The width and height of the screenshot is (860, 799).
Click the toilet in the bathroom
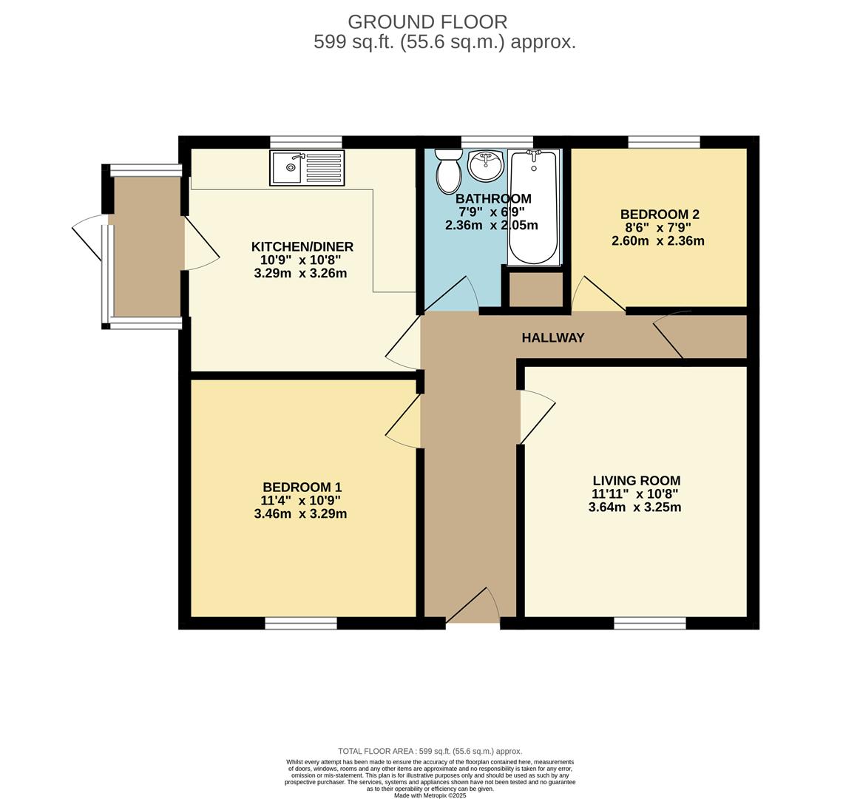[x=448, y=171]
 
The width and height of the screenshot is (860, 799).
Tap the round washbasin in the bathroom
[x=485, y=165]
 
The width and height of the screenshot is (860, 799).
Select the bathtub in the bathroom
[x=534, y=207]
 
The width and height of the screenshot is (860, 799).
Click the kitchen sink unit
[x=307, y=167]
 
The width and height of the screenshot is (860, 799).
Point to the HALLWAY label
[x=553, y=337]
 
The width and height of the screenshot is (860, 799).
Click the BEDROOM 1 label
[x=302, y=487]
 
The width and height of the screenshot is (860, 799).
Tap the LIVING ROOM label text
[x=636, y=481]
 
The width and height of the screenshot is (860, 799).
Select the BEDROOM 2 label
[x=660, y=214]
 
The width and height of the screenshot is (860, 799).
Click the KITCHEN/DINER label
[x=302, y=246]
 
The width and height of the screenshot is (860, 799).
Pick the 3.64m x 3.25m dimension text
[x=634, y=507]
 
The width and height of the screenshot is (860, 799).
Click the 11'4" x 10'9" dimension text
[x=300, y=500]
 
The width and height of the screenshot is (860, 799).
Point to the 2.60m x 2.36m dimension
[x=658, y=241]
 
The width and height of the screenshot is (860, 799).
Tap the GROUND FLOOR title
[x=427, y=22]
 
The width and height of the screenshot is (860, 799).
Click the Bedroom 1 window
[x=301, y=623]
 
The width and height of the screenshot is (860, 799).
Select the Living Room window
[x=650, y=623]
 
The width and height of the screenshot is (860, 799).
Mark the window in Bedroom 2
[x=664, y=142]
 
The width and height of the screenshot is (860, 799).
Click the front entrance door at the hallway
[x=473, y=607]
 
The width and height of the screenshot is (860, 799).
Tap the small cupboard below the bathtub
[x=536, y=289]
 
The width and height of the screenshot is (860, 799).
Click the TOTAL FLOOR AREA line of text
[x=430, y=751]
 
